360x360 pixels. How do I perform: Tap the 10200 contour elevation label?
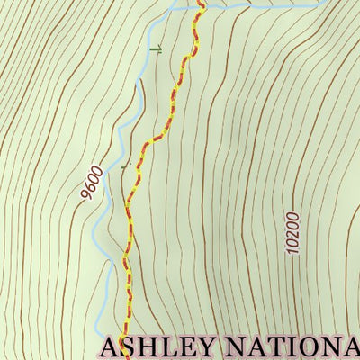(290, 233)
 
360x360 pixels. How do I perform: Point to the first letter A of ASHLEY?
(111, 347)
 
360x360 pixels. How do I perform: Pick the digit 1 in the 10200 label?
(292, 252)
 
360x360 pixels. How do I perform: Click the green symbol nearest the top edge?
(157, 48)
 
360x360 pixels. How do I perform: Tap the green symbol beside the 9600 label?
(125, 166)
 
